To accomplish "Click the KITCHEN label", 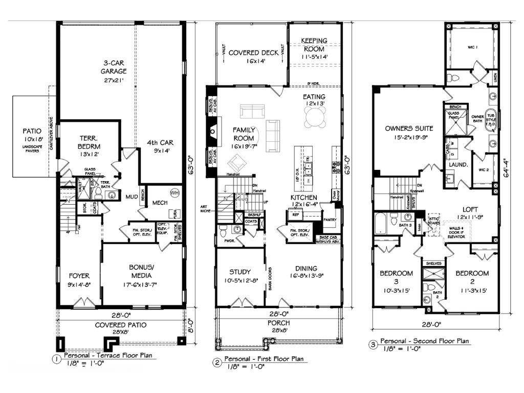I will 304,198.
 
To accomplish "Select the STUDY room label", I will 239,272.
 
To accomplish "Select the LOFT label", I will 470,209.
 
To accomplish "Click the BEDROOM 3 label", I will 396,277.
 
